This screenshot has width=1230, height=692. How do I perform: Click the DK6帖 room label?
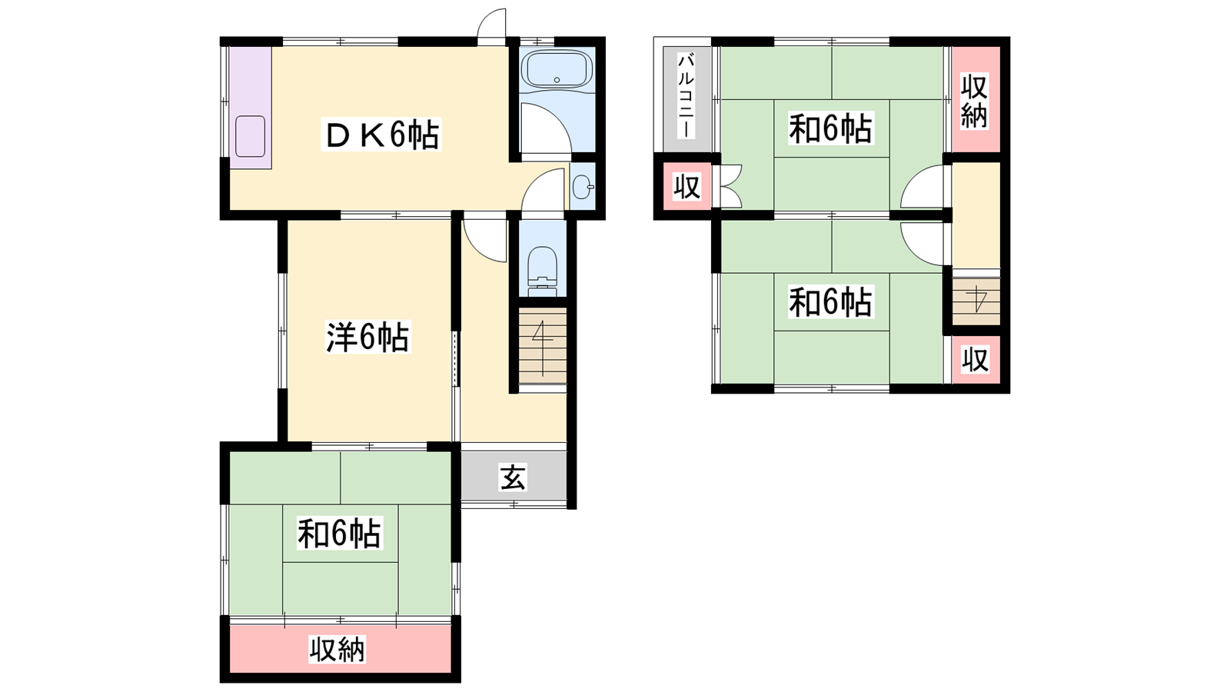381,135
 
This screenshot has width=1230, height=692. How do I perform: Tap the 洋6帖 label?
367,337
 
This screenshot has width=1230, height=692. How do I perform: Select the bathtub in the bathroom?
557,70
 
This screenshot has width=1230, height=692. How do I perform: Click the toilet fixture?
543,272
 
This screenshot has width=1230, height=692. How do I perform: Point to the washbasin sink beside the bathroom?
582,188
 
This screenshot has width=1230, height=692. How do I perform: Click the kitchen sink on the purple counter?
251,136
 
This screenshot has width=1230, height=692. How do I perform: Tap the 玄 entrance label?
513,477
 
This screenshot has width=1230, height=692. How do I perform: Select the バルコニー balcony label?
686,96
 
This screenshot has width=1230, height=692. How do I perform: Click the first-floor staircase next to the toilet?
543,346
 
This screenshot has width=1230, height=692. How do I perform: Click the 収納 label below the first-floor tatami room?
337,650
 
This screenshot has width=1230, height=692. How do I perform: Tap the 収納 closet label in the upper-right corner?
974,101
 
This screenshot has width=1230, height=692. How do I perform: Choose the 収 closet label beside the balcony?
687,187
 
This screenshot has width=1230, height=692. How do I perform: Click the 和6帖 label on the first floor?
339,533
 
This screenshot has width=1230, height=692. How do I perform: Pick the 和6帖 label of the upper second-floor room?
830,128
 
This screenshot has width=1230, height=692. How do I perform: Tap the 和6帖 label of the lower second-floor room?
830,301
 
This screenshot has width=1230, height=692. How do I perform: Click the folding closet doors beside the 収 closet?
727,186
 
